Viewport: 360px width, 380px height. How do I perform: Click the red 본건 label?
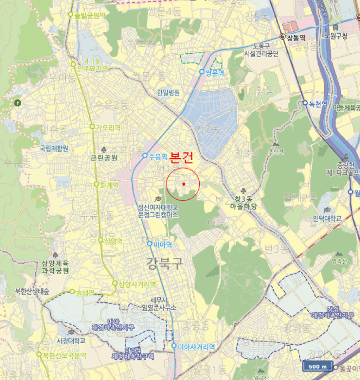pyautogui.click(x=181, y=159)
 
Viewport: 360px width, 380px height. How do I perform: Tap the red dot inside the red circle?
pyautogui.click(x=184, y=185)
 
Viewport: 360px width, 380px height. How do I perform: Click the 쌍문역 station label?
pyautogui.click(x=214, y=72)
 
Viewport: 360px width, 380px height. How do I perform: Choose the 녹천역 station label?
pyautogui.click(x=318, y=103)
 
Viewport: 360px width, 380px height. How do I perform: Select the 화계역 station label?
pyautogui.click(x=109, y=185)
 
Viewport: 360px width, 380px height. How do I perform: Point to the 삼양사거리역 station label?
pyautogui.click(x=137, y=284)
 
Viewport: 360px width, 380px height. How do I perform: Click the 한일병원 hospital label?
pyautogui.click(x=168, y=93)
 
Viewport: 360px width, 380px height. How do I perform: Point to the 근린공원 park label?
pyautogui.click(x=104, y=159)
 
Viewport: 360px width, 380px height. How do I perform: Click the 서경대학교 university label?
pyautogui.click(x=71, y=340)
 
